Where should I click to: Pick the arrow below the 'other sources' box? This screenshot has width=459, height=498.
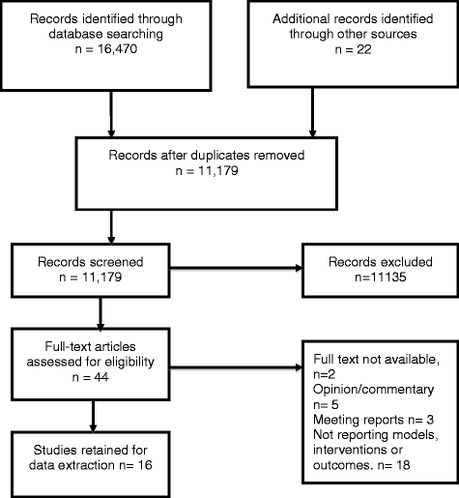coord(312,113)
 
